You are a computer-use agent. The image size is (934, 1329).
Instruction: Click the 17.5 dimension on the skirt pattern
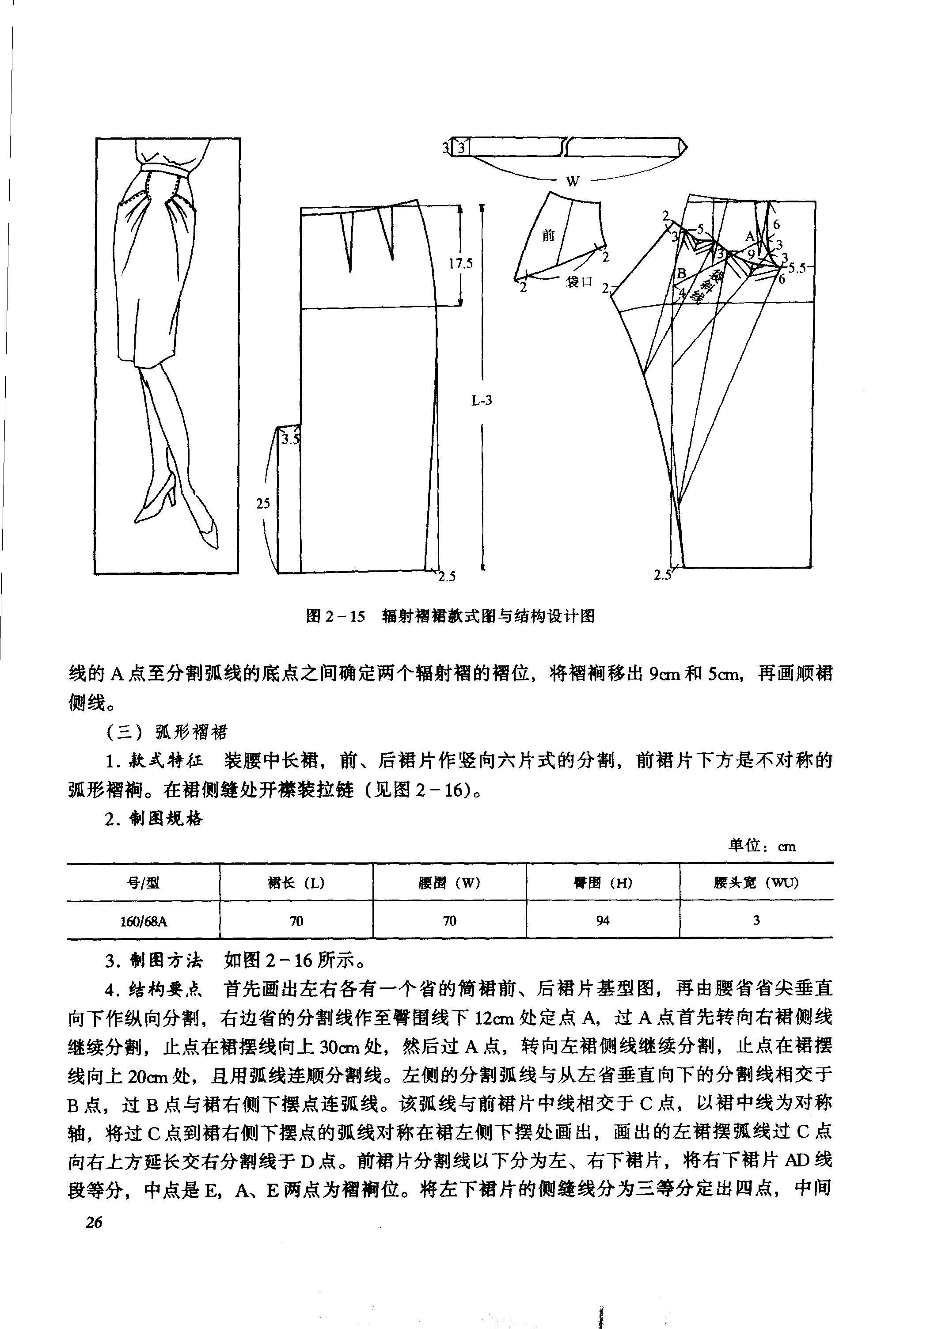coord(461,264)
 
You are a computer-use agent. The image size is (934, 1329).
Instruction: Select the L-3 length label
coord(482,400)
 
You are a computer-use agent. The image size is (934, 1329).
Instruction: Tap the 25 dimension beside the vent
coord(263,504)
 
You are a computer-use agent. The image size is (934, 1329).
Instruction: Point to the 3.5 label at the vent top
coord(290,439)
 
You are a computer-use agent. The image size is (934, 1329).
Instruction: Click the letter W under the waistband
coord(572,181)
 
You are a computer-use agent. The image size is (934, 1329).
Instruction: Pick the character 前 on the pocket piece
coord(548,235)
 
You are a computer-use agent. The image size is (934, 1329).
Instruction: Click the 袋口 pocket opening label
coord(579,282)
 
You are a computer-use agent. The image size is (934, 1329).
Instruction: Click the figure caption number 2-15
coord(344,616)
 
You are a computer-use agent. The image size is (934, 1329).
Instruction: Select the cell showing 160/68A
coord(144,921)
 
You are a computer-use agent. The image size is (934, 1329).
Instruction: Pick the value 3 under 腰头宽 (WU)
coord(756,920)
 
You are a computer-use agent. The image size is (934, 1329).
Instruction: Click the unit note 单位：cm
coord(762,846)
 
